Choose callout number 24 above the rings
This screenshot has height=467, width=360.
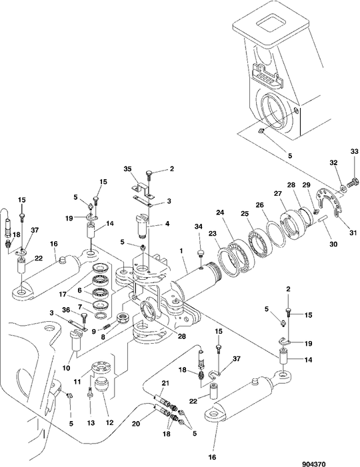point(220,213)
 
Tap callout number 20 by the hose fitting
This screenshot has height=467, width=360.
point(136,423)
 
